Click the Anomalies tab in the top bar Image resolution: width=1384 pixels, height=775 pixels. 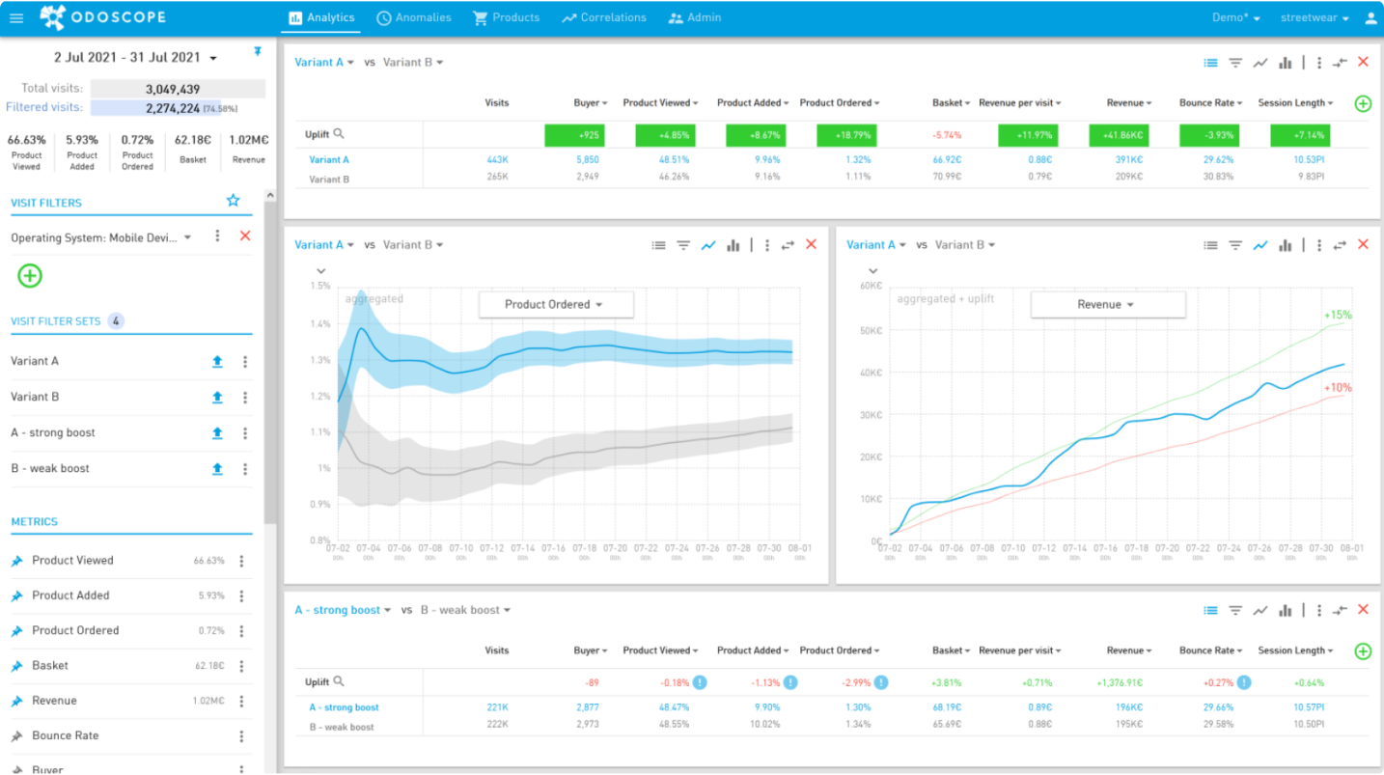click(414, 17)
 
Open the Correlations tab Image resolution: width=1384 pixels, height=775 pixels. click(604, 17)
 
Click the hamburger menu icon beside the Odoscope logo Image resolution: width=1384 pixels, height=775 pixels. click(16, 17)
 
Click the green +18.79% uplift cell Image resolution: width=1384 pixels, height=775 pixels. click(845, 135)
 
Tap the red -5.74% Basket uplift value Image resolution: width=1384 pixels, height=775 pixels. click(946, 135)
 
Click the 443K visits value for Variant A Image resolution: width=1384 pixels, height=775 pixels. click(498, 160)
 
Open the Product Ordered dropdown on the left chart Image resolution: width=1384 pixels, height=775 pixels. click(555, 305)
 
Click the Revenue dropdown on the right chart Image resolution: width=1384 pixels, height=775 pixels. click(1107, 305)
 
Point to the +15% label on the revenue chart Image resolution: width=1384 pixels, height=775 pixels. click(1338, 316)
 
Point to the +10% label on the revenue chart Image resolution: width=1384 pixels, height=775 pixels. click(1338, 388)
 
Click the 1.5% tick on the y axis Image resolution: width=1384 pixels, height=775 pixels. click(320, 286)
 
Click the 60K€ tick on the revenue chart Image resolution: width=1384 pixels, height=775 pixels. click(870, 286)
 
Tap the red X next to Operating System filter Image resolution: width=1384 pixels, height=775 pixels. click(245, 236)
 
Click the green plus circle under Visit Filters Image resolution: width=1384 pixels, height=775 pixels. click(30, 276)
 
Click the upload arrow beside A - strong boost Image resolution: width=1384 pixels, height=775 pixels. click(217, 433)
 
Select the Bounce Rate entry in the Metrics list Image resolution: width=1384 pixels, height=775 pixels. click(66, 735)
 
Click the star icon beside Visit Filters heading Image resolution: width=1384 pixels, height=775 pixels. click(233, 201)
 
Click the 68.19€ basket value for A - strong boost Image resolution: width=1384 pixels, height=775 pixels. click(946, 707)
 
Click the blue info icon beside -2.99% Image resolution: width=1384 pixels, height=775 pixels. click(881, 682)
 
